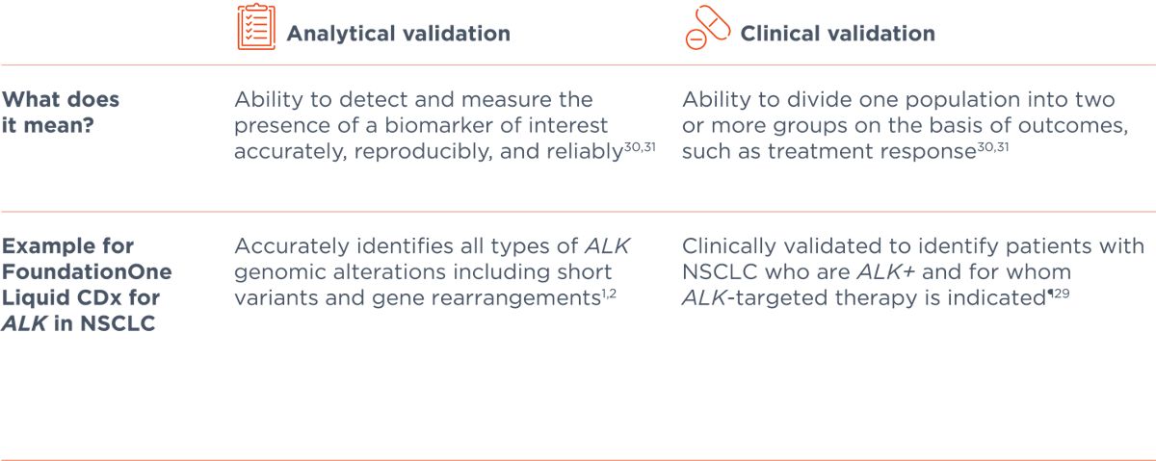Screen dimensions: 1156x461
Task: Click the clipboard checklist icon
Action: click(256, 27)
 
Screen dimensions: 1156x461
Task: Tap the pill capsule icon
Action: click(707, 27)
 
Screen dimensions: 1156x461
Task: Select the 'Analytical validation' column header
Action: click(399, 34)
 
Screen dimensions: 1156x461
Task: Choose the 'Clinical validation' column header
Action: click(837, 34)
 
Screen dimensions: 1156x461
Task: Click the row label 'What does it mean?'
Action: click(61, 112)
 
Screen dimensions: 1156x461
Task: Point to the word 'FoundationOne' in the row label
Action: click(87, 271)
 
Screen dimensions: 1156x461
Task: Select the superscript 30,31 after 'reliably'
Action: click(640, 147)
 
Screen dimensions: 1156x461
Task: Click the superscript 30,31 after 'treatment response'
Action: click(993, 147)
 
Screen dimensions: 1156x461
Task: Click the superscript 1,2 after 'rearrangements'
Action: click(609, 294)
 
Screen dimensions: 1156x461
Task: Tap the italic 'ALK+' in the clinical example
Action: click(885, 271)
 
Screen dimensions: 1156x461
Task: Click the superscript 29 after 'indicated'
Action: click(1061, 294)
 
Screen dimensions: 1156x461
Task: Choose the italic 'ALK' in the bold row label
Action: click(24, 323)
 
